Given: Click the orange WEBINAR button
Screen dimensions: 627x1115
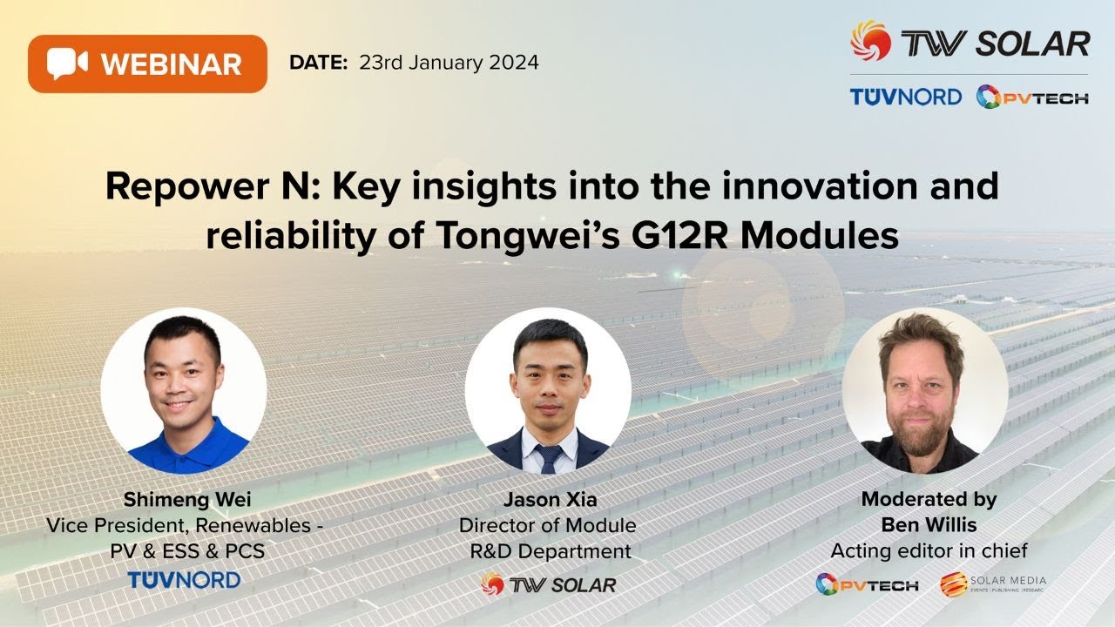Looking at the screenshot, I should coord(147,64).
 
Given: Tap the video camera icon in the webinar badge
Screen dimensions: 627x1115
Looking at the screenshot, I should coord(68,64).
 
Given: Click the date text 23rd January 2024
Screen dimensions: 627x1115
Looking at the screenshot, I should coord(449,63).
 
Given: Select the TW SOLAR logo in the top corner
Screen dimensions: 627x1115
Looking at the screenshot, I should coord(970,42).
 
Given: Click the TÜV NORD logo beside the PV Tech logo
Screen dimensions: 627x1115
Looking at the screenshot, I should coord(905,97).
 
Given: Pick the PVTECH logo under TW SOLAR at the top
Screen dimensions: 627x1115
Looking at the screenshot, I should coord(1031,97).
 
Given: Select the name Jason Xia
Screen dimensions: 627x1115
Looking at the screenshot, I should coord(547,500).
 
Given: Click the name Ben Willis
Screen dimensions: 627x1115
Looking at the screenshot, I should coord(929,525).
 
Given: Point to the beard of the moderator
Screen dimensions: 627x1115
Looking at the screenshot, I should coord(924,430).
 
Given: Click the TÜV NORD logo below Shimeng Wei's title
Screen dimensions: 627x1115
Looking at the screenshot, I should coord(184,579).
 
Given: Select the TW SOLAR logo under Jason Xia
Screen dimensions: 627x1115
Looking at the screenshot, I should coord(548,584).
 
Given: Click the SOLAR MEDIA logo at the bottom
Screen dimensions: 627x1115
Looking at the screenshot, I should coord(993,583).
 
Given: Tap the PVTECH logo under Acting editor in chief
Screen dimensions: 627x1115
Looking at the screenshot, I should coord(867,584).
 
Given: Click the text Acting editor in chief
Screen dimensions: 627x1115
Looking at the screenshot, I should coord(929,550).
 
